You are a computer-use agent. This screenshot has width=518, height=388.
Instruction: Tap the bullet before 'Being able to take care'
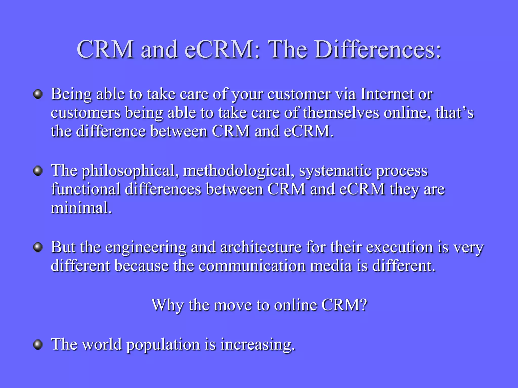pyautogui.click(x=38, y=94)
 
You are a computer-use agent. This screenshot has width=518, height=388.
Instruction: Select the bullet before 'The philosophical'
pyautogui.click(x=38, y=171)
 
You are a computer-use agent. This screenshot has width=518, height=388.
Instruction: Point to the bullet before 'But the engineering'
pyautogui.click(x=38, y=247)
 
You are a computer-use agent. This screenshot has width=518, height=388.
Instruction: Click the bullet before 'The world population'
pyautogui.click(x=38, y=345)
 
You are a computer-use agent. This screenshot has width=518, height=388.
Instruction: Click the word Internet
pyautogui.click(x=387, y=94)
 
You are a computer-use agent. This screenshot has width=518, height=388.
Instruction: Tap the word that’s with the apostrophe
pyautogui.click(x=455, y=113)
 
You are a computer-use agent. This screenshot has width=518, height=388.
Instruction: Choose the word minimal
pyautogui.click(x=81, y=208)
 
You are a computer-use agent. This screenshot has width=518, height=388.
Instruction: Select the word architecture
pyautogui.click(x=261, y=247)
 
